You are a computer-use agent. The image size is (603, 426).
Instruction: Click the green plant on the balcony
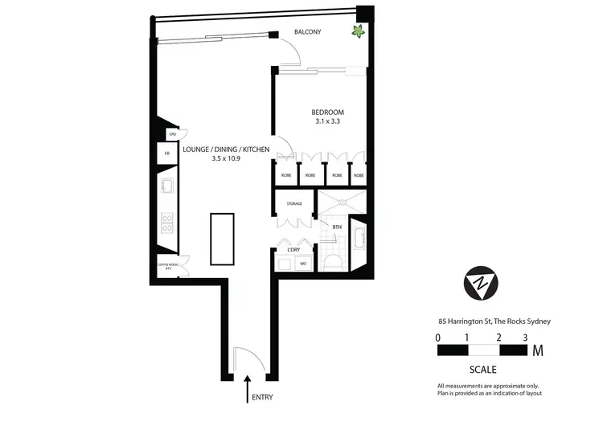pos(355,32)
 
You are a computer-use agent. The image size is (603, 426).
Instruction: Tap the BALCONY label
pos(307,32)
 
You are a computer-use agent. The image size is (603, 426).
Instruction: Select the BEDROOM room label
pos(328,112)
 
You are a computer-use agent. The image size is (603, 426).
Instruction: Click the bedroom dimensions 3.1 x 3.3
pos(328,122)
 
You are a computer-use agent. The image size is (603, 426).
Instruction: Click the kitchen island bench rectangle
pos(222,239)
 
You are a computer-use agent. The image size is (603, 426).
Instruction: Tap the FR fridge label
pos(167,153)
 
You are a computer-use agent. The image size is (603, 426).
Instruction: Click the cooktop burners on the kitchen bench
pos(169,223)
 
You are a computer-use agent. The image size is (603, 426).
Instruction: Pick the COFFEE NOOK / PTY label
pos(169,268)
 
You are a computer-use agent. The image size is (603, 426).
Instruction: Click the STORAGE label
pos(294,204)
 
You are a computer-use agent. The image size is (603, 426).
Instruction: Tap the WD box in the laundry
pos(303,263)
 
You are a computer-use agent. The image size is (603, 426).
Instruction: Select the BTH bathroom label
pos(337,227)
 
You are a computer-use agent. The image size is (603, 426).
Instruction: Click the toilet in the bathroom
pos(334,260)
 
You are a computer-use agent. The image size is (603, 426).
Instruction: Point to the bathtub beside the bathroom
pos(359,242)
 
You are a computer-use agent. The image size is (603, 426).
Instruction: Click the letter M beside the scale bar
pos(537,350)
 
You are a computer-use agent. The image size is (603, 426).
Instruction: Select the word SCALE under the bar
pos(482,370)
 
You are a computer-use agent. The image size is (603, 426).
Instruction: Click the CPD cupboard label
pos(171,133)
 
